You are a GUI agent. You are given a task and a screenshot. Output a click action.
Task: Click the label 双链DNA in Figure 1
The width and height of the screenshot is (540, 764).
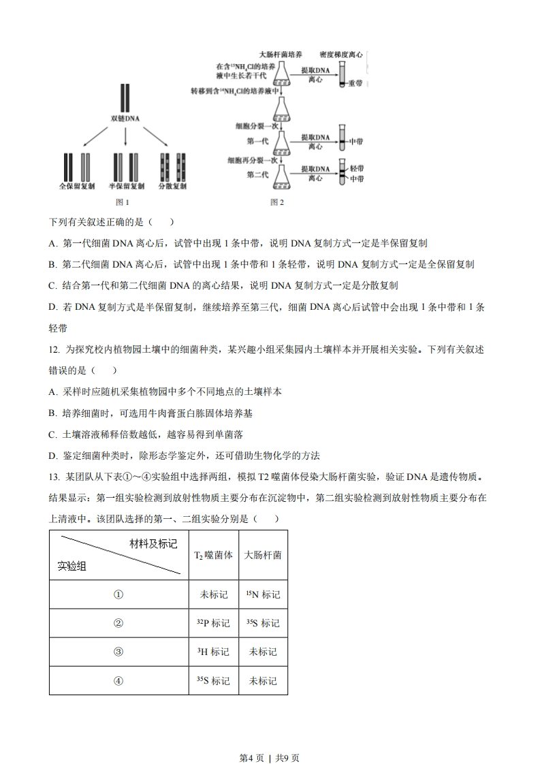pyautogui.click(x=125, y=118)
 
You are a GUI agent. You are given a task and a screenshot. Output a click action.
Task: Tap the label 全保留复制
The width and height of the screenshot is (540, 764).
pyautogui.click(x=76, y=185)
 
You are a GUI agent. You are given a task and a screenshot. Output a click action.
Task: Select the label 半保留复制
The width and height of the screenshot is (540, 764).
pyautogui.click(x=127, y=185)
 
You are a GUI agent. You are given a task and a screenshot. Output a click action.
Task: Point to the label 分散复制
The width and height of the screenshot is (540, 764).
pyautogui.click(x=172, y=185)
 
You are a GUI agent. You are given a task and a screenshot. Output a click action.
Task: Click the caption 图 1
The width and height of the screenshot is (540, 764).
pyautogui.click(x=123, y=202)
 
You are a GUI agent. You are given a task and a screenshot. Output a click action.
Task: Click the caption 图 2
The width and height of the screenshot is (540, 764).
pyautogui.click(x=276, y=202)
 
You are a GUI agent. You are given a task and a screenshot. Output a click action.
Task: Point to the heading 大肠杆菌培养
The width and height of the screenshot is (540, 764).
pyautogui.click(x=281, y=54)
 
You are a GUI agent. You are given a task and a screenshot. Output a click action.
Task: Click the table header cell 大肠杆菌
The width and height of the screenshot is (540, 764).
pyautogui.click(x=263, y=555)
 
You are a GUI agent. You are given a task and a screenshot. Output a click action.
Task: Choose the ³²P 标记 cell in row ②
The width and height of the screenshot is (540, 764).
pyautogui.click(x=214, y=623)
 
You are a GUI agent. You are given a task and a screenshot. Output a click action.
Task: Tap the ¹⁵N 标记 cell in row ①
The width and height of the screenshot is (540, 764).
pyautogui.click(x=263, y=594)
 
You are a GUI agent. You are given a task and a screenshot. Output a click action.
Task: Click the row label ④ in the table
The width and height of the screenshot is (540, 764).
pyautogui.click(x=118, y=680)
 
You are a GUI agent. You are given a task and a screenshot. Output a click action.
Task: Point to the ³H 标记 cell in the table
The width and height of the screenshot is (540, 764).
pyautogui.click(x=214, y=652)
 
